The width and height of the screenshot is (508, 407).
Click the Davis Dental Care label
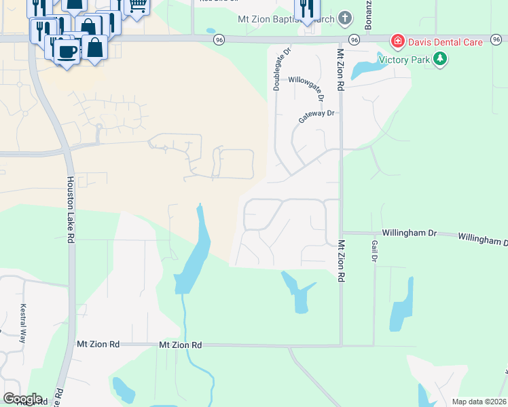click(446, 42)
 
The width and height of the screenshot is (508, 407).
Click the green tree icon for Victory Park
click(441, 59)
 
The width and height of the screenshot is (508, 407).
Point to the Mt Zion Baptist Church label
click(286, 20)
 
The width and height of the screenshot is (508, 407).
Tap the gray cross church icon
click(345, 18)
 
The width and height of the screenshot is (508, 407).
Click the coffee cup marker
click(67, 52)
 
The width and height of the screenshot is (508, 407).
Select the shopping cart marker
click(137, 7)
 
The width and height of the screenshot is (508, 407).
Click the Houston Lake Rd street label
click(70, 210)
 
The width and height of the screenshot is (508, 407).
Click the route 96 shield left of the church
click(218, 40)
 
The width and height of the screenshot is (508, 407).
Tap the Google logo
click(22, 399)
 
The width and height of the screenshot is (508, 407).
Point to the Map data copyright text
click(479, 402)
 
